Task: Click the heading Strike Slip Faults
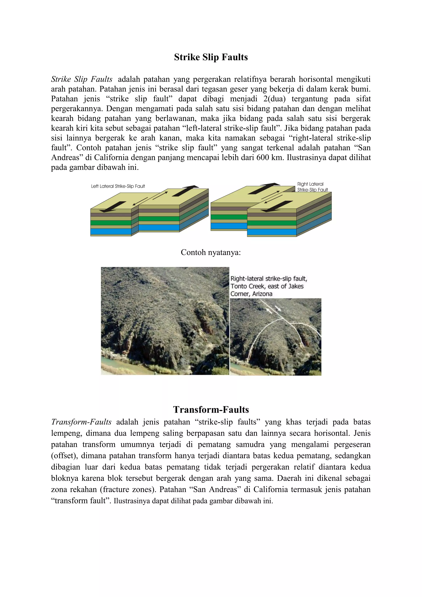tap(211, 57)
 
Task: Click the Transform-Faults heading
tap(211, 410)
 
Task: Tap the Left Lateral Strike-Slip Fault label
tap(118, 186)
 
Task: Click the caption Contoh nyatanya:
tap(211, 252)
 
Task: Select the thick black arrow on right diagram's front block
tap(277, 206)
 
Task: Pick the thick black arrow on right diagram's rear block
tap(264, 188)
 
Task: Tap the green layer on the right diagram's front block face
tap(272, 223)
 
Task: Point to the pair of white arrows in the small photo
tap(273, 309)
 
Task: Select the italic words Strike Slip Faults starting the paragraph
tap(82, 79)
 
